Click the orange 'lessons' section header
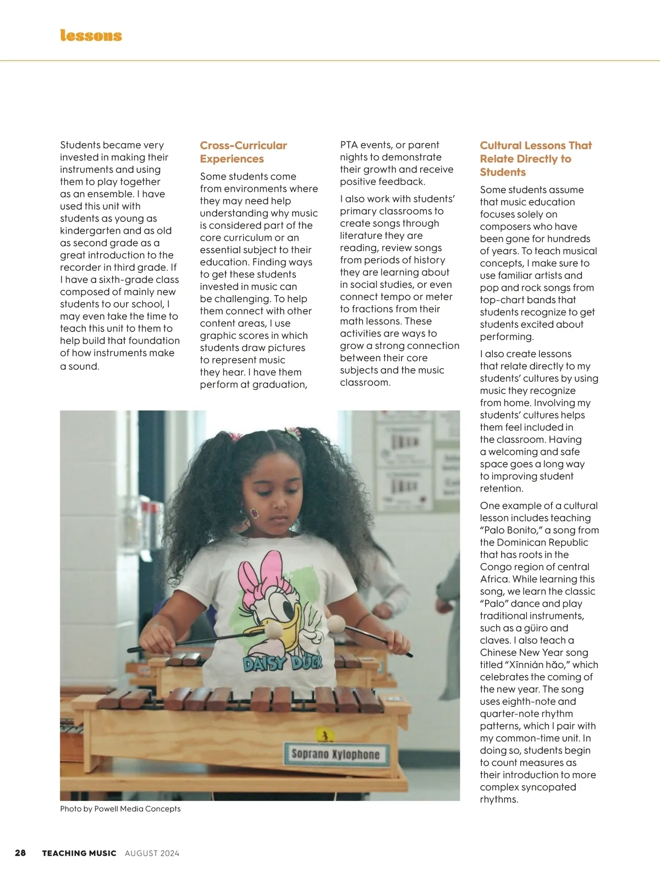pyautogui.click(x=91, y=36)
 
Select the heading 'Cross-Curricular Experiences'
pyautogui.click(x=243, y=152)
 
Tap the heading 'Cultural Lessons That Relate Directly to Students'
pyautogui.click(x=536, y=159)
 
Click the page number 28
pyautogui.click(x=20, y=853)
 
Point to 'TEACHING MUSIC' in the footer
pyautogui.click(x=79, y=853)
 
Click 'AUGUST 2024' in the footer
pyautogui.click(x=152, y=853)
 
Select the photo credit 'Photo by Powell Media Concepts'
pyautogui.click(x=120, y=809)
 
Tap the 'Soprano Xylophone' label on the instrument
pyautogui.click(x=335, y=754)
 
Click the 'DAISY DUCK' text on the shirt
pyautogui.click(x=283, y=663)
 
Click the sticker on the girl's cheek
pyautogui.click(x=255, y=513)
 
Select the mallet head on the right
pyautogui.click(x=336, y=623)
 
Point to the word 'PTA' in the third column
pyautogui.click(x=349, y=145)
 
